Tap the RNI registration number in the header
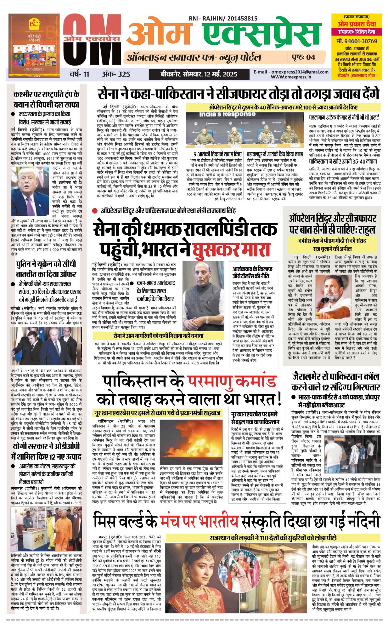(223, 19)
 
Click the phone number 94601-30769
(357, 41)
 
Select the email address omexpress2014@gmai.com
(291, 72)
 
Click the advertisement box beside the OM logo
(34, 46)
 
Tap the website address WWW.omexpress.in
(291, 77)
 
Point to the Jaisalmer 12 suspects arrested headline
(336, 381)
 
